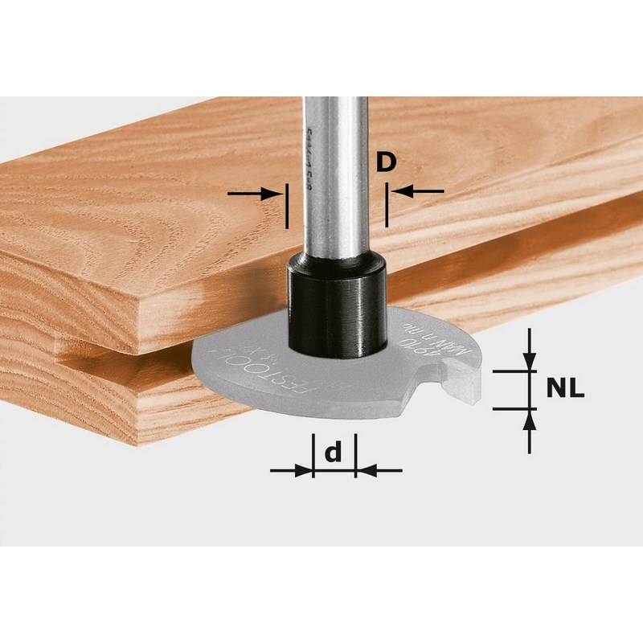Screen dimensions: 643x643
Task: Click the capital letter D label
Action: [x=387, y=163]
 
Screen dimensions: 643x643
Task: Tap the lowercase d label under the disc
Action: [x=332, y=453]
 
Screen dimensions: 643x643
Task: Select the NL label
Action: [x=566, y=389]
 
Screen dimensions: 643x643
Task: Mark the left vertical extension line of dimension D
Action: [x=286, y=206]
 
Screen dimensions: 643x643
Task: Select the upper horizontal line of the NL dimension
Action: [x=514, y=371]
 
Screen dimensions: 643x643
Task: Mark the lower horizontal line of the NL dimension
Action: [x=514, y=409]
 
